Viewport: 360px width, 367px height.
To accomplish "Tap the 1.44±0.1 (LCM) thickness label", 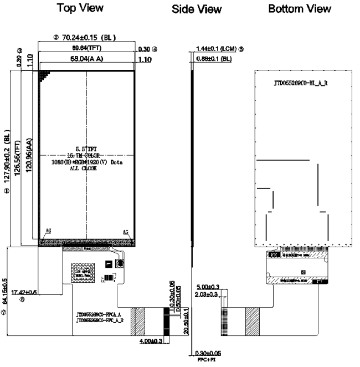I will pos(216,49).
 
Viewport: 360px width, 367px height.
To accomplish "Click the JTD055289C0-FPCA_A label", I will pos(99,314).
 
